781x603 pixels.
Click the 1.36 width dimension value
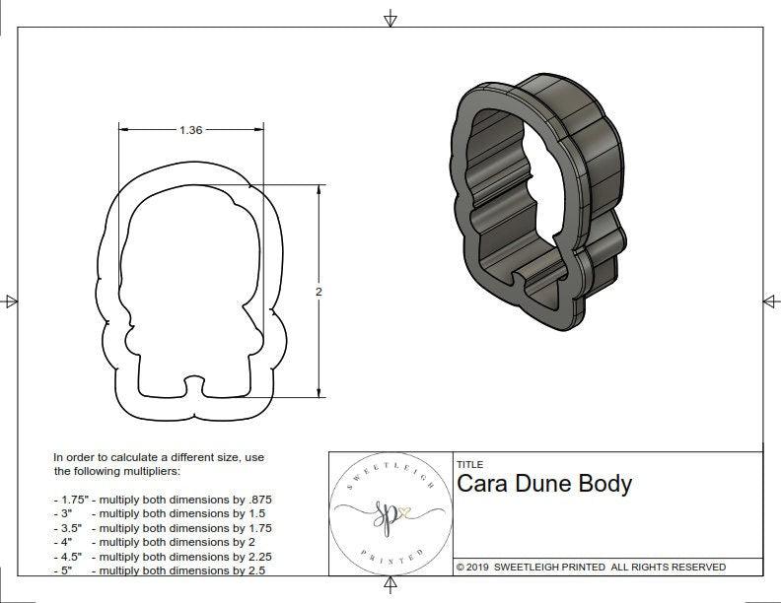point(190,130)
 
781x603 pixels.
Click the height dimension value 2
point(319,293)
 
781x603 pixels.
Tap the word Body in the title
point(609,484)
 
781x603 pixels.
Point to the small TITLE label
point(468,465)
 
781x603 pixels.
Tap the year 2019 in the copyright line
point(478,568)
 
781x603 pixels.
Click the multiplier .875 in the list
point(258,500)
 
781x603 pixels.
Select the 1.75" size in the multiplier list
point(71,500)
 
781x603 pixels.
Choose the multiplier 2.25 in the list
point(254,557)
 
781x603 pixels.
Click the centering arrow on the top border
point(390,19)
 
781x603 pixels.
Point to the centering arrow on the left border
point(10,301)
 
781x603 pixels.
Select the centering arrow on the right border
point(770,301)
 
